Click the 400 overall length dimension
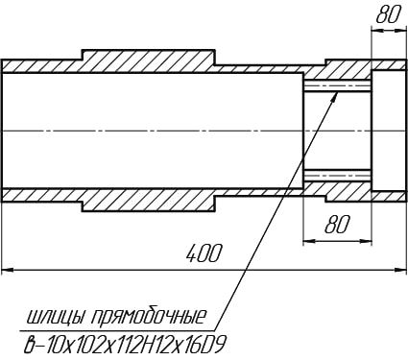coord(204,254)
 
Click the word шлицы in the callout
coord(57,318)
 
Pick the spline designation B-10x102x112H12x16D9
coord(126,345)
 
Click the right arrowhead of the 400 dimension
coord(399,271)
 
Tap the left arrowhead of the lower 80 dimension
coord(310,241)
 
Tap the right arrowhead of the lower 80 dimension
coord(365,241)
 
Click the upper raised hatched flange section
coord(149,60)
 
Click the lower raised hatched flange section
coord(149,200)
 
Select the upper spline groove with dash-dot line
coord(337,85)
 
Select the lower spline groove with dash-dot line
coord(337,175)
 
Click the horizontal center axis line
coord(204,131)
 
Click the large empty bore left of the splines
coord(153,131)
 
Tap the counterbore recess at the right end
coord(388,131)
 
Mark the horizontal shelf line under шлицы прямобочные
coord(117,330)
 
